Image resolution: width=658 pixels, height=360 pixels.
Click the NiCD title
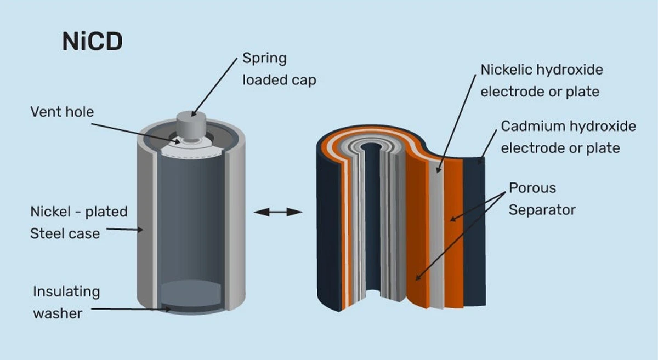93,42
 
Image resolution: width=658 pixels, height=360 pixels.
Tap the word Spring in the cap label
264,59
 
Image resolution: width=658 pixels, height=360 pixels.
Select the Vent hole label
62,112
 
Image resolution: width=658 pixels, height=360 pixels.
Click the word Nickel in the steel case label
50,212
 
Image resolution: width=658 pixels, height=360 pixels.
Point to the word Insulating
66,292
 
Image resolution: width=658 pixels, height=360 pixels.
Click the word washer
58,313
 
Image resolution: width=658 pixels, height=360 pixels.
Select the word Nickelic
506,70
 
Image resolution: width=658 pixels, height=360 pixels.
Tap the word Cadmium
533,126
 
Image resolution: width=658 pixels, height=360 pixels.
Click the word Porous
532,188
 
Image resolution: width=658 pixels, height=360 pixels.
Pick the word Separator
542,210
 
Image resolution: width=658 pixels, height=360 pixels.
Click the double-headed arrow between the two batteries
278,212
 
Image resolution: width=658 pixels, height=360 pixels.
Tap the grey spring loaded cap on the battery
191,125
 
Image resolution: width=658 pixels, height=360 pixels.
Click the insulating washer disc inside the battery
191,294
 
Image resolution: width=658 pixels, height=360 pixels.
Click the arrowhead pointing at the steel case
140,230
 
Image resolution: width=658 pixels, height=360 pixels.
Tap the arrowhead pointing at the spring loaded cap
194,113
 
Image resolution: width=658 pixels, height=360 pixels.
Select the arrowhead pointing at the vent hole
177,142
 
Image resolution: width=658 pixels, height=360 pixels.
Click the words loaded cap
279,80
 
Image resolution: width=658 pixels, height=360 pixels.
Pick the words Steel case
65,234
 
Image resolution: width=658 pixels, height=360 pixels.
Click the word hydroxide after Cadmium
603,126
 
